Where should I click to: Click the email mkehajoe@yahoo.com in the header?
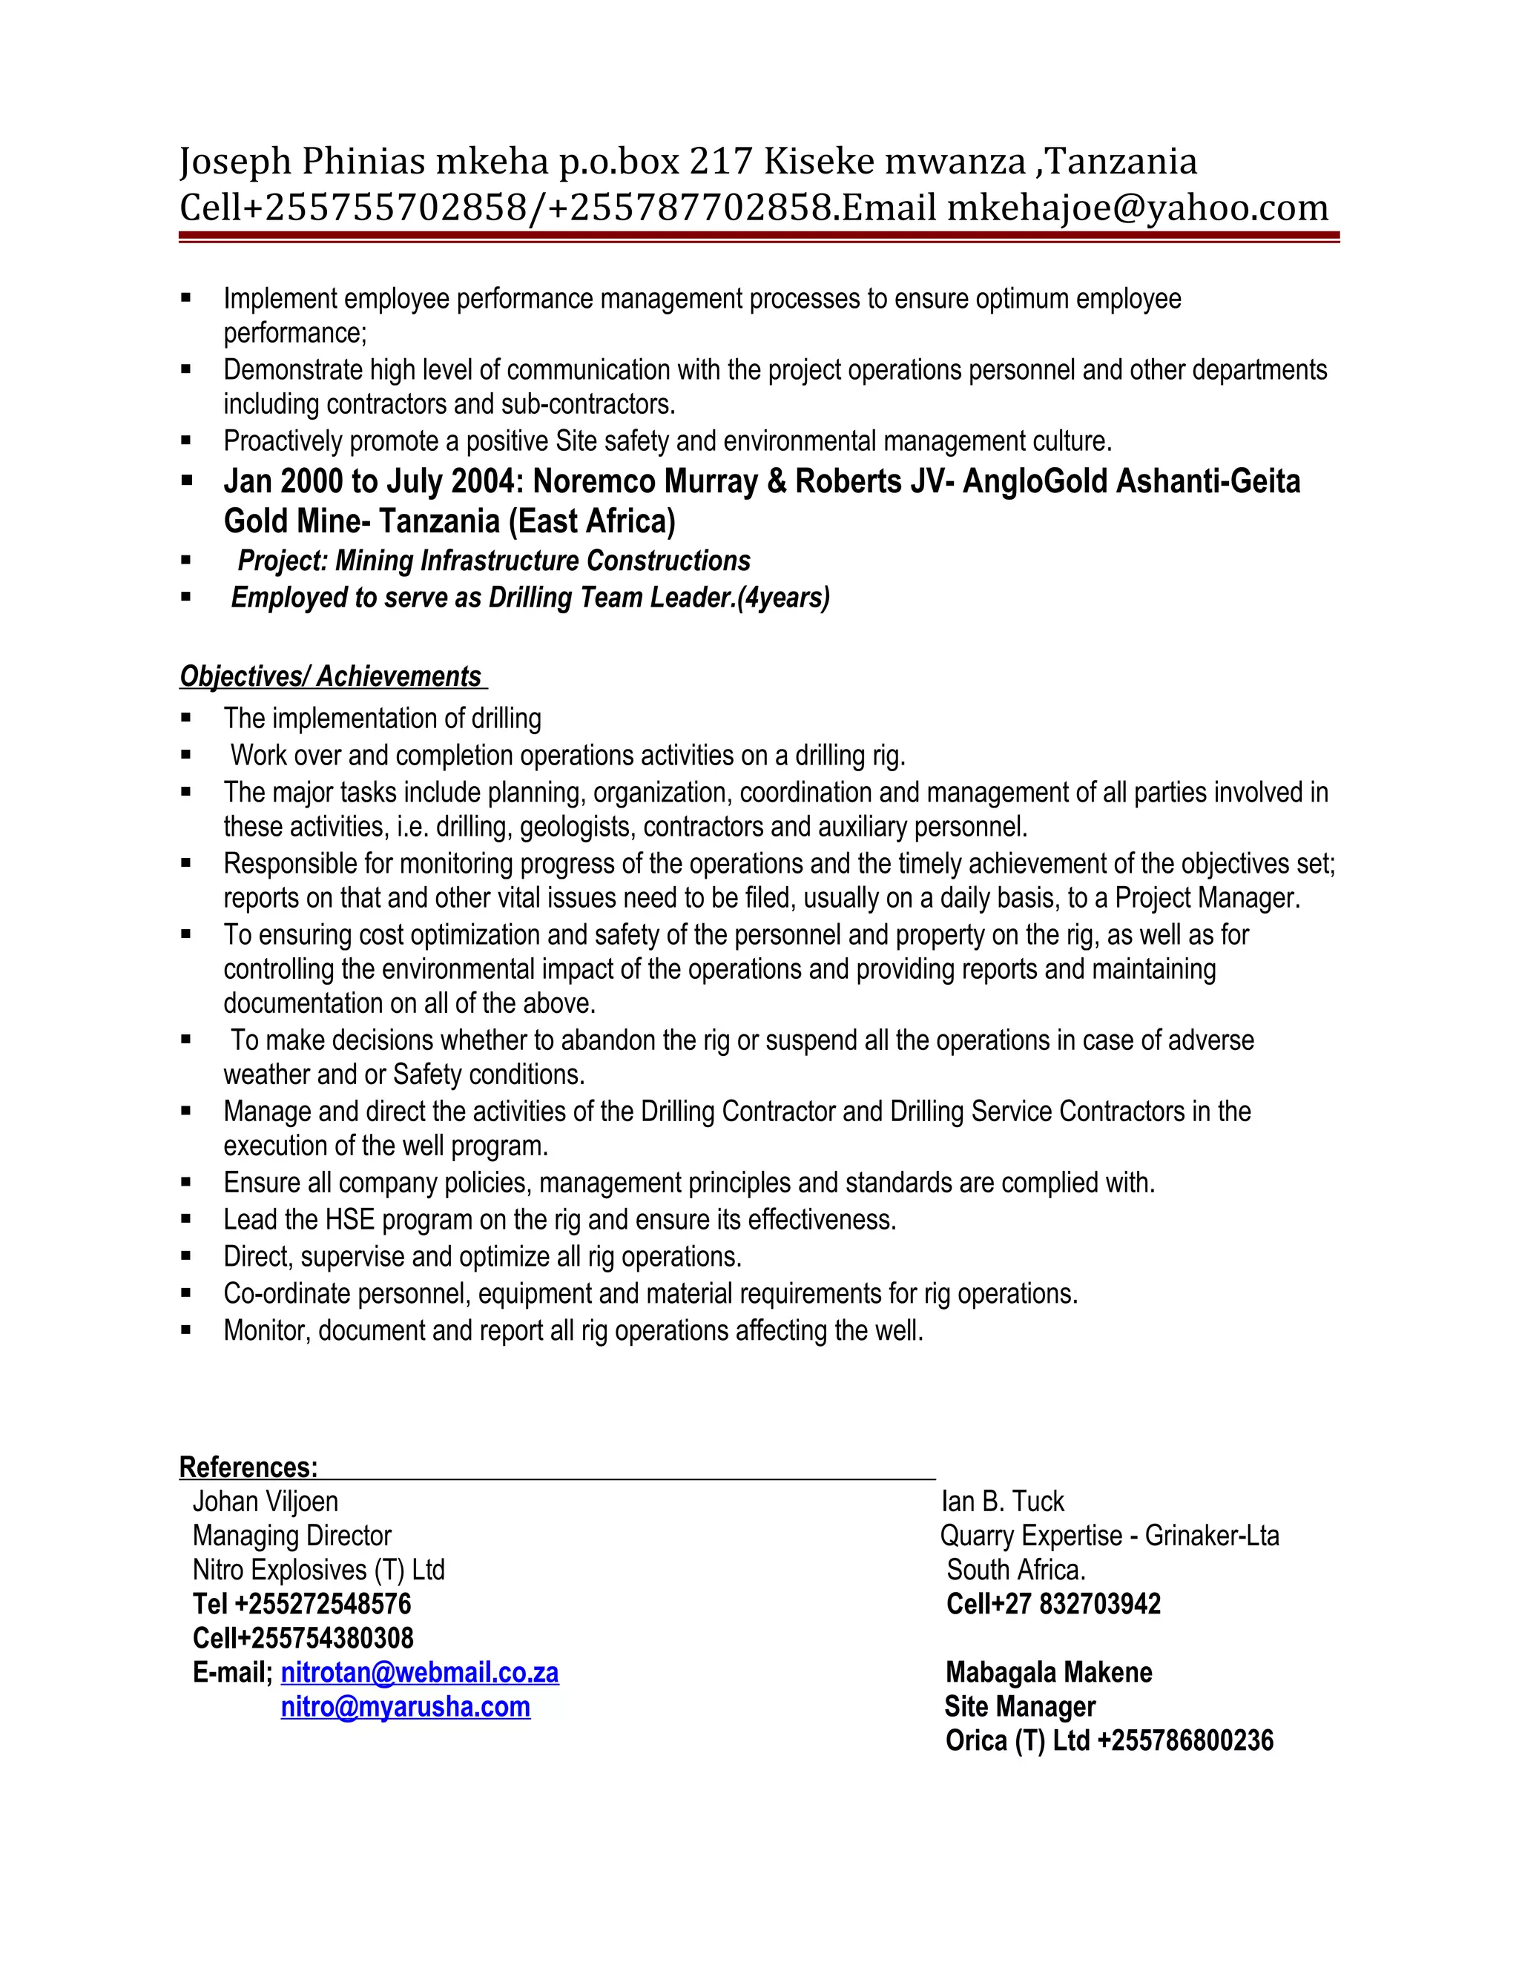(1138, 208)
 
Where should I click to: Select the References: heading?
(248, 1467)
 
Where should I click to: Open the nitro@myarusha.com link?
(405, 1707)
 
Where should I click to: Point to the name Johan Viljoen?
(266, 1502)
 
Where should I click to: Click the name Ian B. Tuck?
(1003, 1502)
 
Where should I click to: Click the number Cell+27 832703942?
(1053, 1604)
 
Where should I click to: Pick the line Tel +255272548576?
(301, 1604)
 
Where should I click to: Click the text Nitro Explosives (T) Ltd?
(318, 1570)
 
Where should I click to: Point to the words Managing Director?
(291, 1536)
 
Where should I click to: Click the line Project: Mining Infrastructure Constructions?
(493, 561)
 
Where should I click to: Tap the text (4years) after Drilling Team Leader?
(783, 598)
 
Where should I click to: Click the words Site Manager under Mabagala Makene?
(1020, 1707)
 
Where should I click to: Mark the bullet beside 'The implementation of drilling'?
(186, 718)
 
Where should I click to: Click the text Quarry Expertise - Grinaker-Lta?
(1109, 1536)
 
